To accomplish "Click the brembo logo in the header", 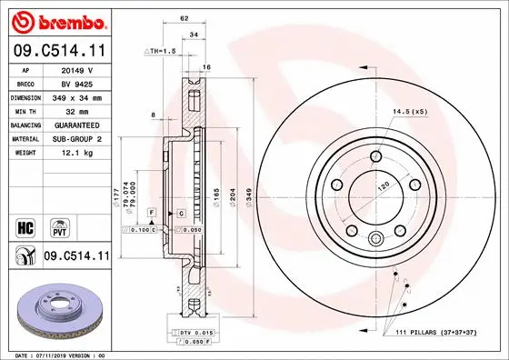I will click(x=56, y=20).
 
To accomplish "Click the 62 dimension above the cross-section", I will click(x=185, y=18).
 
